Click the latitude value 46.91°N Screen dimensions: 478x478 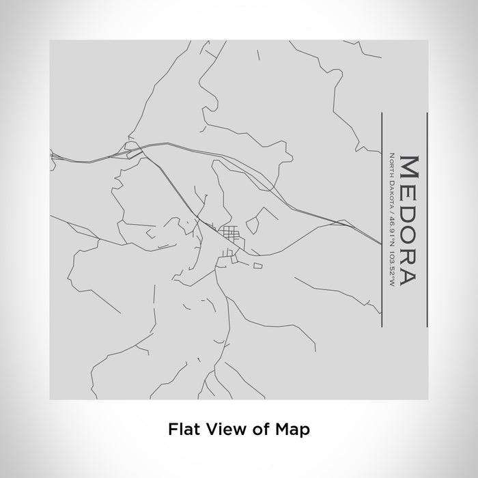(391, 229)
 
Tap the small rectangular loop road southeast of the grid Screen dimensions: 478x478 (257, 266)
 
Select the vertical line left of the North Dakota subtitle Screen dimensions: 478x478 (381, 212)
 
